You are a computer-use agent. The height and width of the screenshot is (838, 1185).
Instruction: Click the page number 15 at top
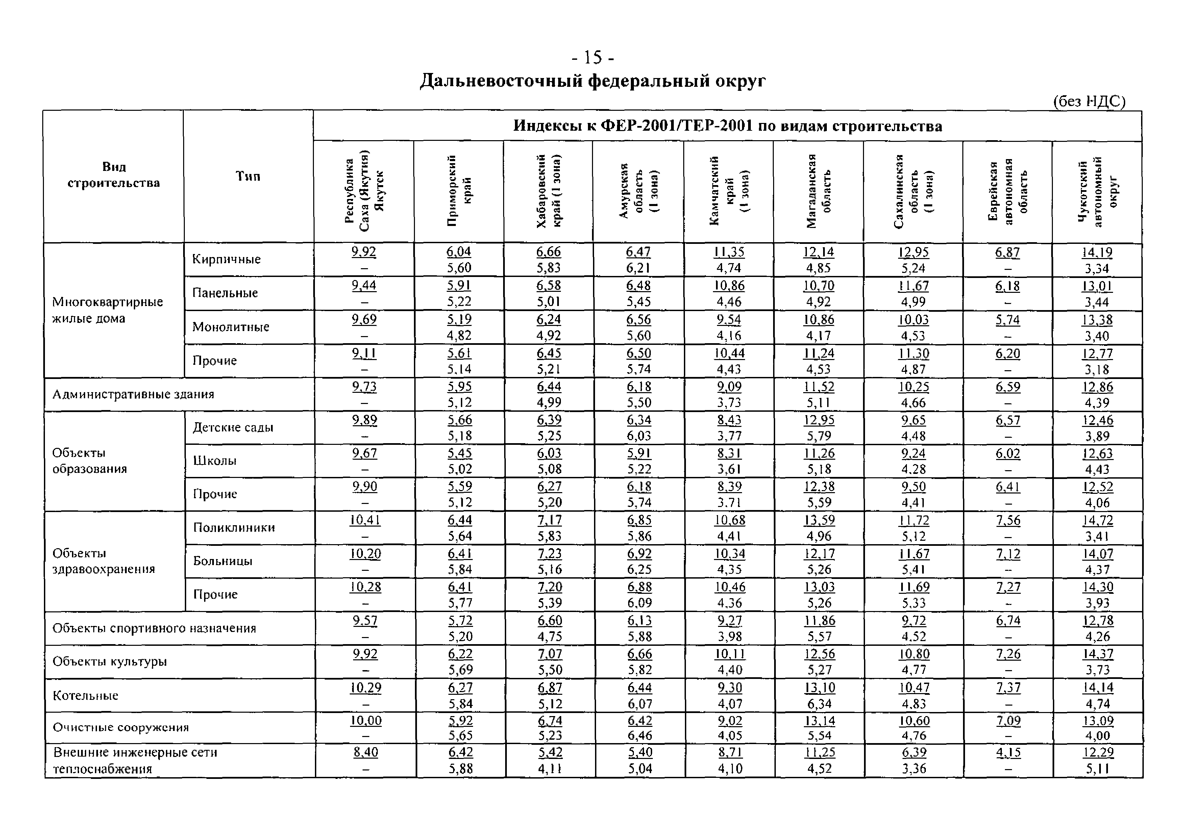click(593, 57)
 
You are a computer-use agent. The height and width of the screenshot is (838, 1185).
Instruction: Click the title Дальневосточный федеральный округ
click(593, 81)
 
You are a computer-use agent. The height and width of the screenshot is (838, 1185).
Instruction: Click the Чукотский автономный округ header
click(1097, 191)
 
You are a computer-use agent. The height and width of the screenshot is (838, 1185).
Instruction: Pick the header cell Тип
click(248, 176)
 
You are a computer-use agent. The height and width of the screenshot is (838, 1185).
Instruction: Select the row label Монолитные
click(231, 327)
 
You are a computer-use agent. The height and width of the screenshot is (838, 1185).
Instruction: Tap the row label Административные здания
click(133, 394)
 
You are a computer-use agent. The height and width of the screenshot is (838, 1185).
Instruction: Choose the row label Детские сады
click(233, 427)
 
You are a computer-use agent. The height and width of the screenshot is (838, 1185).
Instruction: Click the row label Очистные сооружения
click(121, 727)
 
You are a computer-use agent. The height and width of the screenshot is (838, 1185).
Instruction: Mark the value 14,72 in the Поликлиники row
click(1097, 520)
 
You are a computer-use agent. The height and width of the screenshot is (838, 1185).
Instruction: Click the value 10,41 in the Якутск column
click(365, 520)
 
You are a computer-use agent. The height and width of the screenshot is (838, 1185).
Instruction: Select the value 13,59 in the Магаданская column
click(819, 520)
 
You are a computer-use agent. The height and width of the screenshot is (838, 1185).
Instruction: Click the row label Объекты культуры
click(109, 662)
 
